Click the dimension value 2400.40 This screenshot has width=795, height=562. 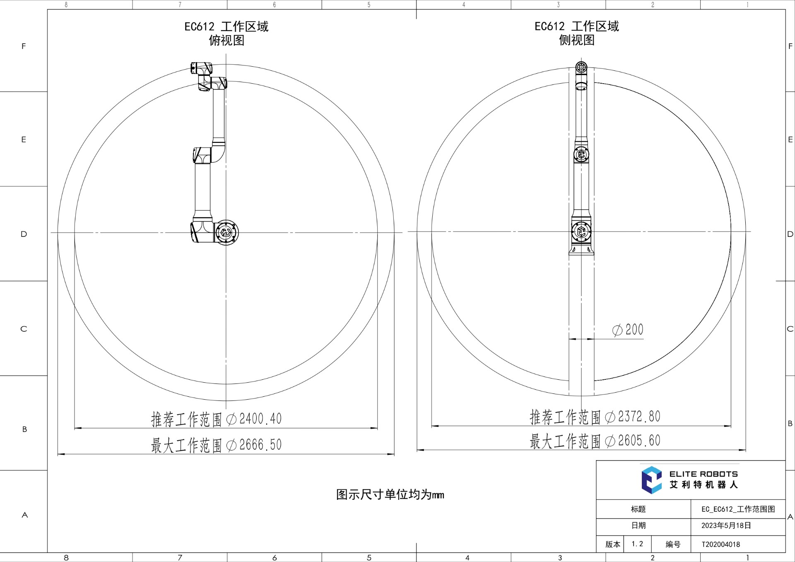click(x=260, y=419)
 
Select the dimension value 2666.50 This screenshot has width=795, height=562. click(x=260, y=445)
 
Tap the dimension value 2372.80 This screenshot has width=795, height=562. click(x=639, y=417)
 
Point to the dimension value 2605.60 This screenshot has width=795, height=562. click(x=639, y=441)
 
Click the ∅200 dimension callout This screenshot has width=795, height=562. click(x=628, y=330)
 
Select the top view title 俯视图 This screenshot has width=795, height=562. click(x=226, y=40)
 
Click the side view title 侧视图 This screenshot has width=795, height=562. click(x=577, y=40)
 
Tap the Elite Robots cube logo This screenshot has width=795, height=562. click(x=652, y=480)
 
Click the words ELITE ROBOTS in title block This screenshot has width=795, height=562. click(x=703, y=474)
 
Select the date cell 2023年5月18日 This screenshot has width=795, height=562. click(x=726, y=526)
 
